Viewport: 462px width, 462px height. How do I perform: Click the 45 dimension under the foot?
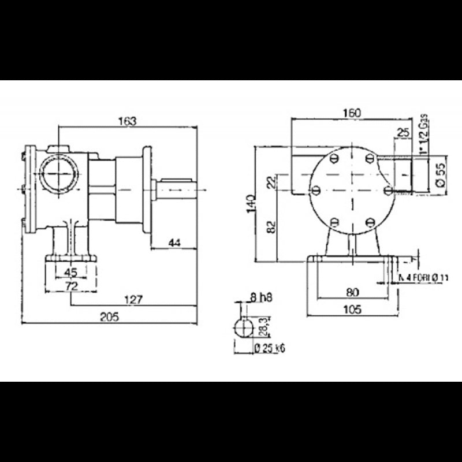coord(70,273)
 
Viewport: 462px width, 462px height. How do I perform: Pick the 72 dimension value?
coord(70,285)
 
